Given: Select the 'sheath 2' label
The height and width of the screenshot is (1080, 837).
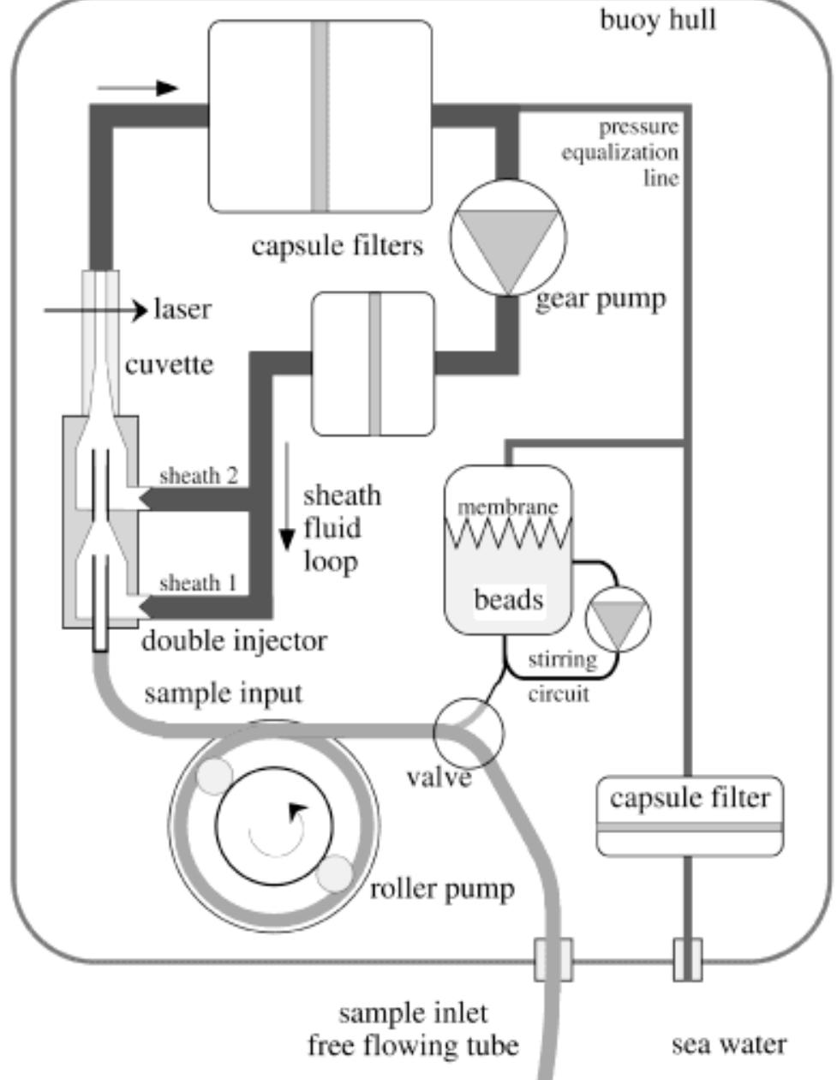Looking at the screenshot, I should pyautogui.click(x=199, y=476).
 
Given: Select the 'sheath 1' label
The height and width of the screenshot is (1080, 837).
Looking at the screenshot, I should pyautogui.click(x=198, y=584).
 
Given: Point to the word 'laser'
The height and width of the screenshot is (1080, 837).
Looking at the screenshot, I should pyautogui.click(x=182, y=309).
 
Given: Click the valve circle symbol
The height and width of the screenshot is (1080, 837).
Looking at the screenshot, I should pyautogui.click(x=469, y=733).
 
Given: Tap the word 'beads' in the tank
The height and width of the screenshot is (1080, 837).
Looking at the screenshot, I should pyautogui.click(x=508, y=598).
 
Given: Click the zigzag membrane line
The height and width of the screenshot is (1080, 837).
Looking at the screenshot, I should pyautogui.click(x=508, y=534).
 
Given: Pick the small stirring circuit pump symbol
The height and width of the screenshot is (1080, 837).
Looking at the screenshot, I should pyautogui.click(x=618, y=619).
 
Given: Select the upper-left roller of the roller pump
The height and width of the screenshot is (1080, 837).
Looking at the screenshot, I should pyautogui.click(x=214, y=776).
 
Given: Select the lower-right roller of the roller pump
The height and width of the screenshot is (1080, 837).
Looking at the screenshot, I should pyautogui.click(x=334, y=873).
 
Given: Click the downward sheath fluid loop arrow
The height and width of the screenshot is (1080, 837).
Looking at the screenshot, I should pyautogui.click(x=287, y=497).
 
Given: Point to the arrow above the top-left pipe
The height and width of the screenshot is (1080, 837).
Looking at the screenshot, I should pyautogui.click(x=137, y=87).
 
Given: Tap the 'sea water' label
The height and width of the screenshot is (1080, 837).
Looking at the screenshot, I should pyautogui.click(x=728, y=1045).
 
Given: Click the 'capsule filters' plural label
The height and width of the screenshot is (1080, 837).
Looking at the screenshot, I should pyautogui.click(x=338, y=246).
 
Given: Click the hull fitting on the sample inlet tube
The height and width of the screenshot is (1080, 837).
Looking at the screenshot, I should pyautogui.click(x=553, y=959).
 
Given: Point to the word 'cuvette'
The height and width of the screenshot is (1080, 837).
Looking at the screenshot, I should pyautogui.click(x=170, y=364).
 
